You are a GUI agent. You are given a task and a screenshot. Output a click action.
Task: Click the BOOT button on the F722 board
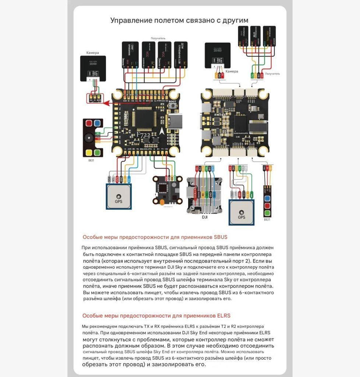pos(172,106)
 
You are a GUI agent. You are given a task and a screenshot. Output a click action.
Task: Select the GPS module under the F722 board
pos(119,196)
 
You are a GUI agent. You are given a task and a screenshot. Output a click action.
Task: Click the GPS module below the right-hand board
pos(241,212)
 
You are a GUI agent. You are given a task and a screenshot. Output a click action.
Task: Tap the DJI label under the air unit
pos(205,218)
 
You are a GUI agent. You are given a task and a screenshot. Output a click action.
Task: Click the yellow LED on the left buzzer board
pos(89,152)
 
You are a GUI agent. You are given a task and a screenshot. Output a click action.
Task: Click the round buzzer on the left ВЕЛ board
pos(89,138)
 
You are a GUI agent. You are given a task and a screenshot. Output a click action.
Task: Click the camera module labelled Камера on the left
pos(93,68)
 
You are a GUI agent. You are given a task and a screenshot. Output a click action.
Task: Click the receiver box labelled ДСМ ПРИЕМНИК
pos(180,54)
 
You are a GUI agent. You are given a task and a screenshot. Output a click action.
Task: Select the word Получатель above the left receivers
pos(158,38)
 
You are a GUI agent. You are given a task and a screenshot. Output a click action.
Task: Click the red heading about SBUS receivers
pos(155,237)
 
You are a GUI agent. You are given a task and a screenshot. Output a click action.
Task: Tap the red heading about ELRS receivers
pos(156,316)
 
